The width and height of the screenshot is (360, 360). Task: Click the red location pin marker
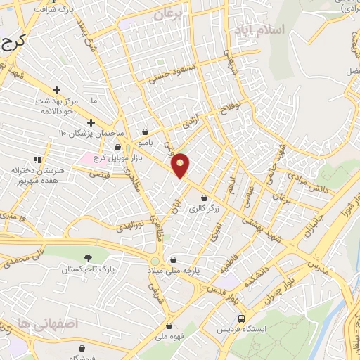(x=181, y=165)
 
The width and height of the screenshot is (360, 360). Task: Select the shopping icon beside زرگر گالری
(x=204, y=198)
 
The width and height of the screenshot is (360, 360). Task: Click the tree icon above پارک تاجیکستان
(x=87, y=259)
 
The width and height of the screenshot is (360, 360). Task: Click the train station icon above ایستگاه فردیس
(x=241, y=318)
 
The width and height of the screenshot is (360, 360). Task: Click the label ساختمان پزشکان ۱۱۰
(x=91, y=133)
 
